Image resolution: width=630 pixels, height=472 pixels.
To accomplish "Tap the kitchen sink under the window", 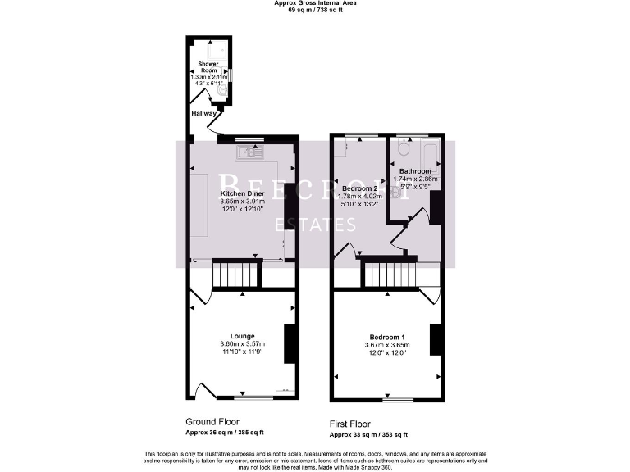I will (248, 152).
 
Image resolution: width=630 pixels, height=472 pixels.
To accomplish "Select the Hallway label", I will (203, 113).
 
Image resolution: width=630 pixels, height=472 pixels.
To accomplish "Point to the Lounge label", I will (242, 336).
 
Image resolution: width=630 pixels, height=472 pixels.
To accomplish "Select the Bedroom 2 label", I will (358, 188).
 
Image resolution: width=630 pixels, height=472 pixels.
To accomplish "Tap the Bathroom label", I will (415, 171).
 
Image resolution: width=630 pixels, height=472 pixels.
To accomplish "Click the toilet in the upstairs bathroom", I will (402, 151).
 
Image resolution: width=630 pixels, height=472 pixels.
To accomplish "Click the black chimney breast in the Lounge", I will (290, 344).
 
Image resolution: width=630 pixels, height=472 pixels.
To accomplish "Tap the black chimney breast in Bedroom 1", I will (435, 340).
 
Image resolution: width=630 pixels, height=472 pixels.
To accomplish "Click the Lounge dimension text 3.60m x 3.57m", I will (242, 344).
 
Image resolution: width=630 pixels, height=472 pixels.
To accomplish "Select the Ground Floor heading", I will (213, 421).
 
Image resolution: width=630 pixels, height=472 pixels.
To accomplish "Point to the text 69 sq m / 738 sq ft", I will (315, 10).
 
